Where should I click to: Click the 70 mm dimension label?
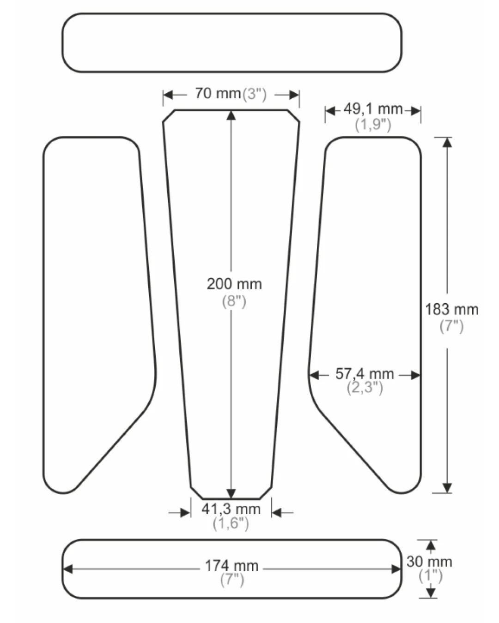click(218, 94)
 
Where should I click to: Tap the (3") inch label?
click(254, 95)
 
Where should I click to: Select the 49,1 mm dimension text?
click(373, 109)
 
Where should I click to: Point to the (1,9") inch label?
click(373, 125)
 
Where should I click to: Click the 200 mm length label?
click(234, 284)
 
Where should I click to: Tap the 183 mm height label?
click(452, 309)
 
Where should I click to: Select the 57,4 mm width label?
click(365, 373)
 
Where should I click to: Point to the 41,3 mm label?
click(231, 509)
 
